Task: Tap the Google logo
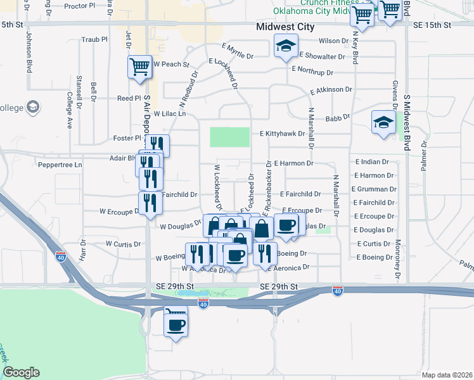pos(20,372)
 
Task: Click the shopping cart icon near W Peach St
pos(139,66)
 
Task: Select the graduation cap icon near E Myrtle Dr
pos(286,46)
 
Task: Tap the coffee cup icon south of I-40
pos(176,325)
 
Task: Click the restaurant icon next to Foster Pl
pos(157,144)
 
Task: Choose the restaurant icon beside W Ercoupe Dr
pos(150,203)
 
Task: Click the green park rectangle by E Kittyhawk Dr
pos(229,137)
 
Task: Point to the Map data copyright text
pos(447,375)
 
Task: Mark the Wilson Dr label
pos(333,41)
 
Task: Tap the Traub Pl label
pos(95,39)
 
